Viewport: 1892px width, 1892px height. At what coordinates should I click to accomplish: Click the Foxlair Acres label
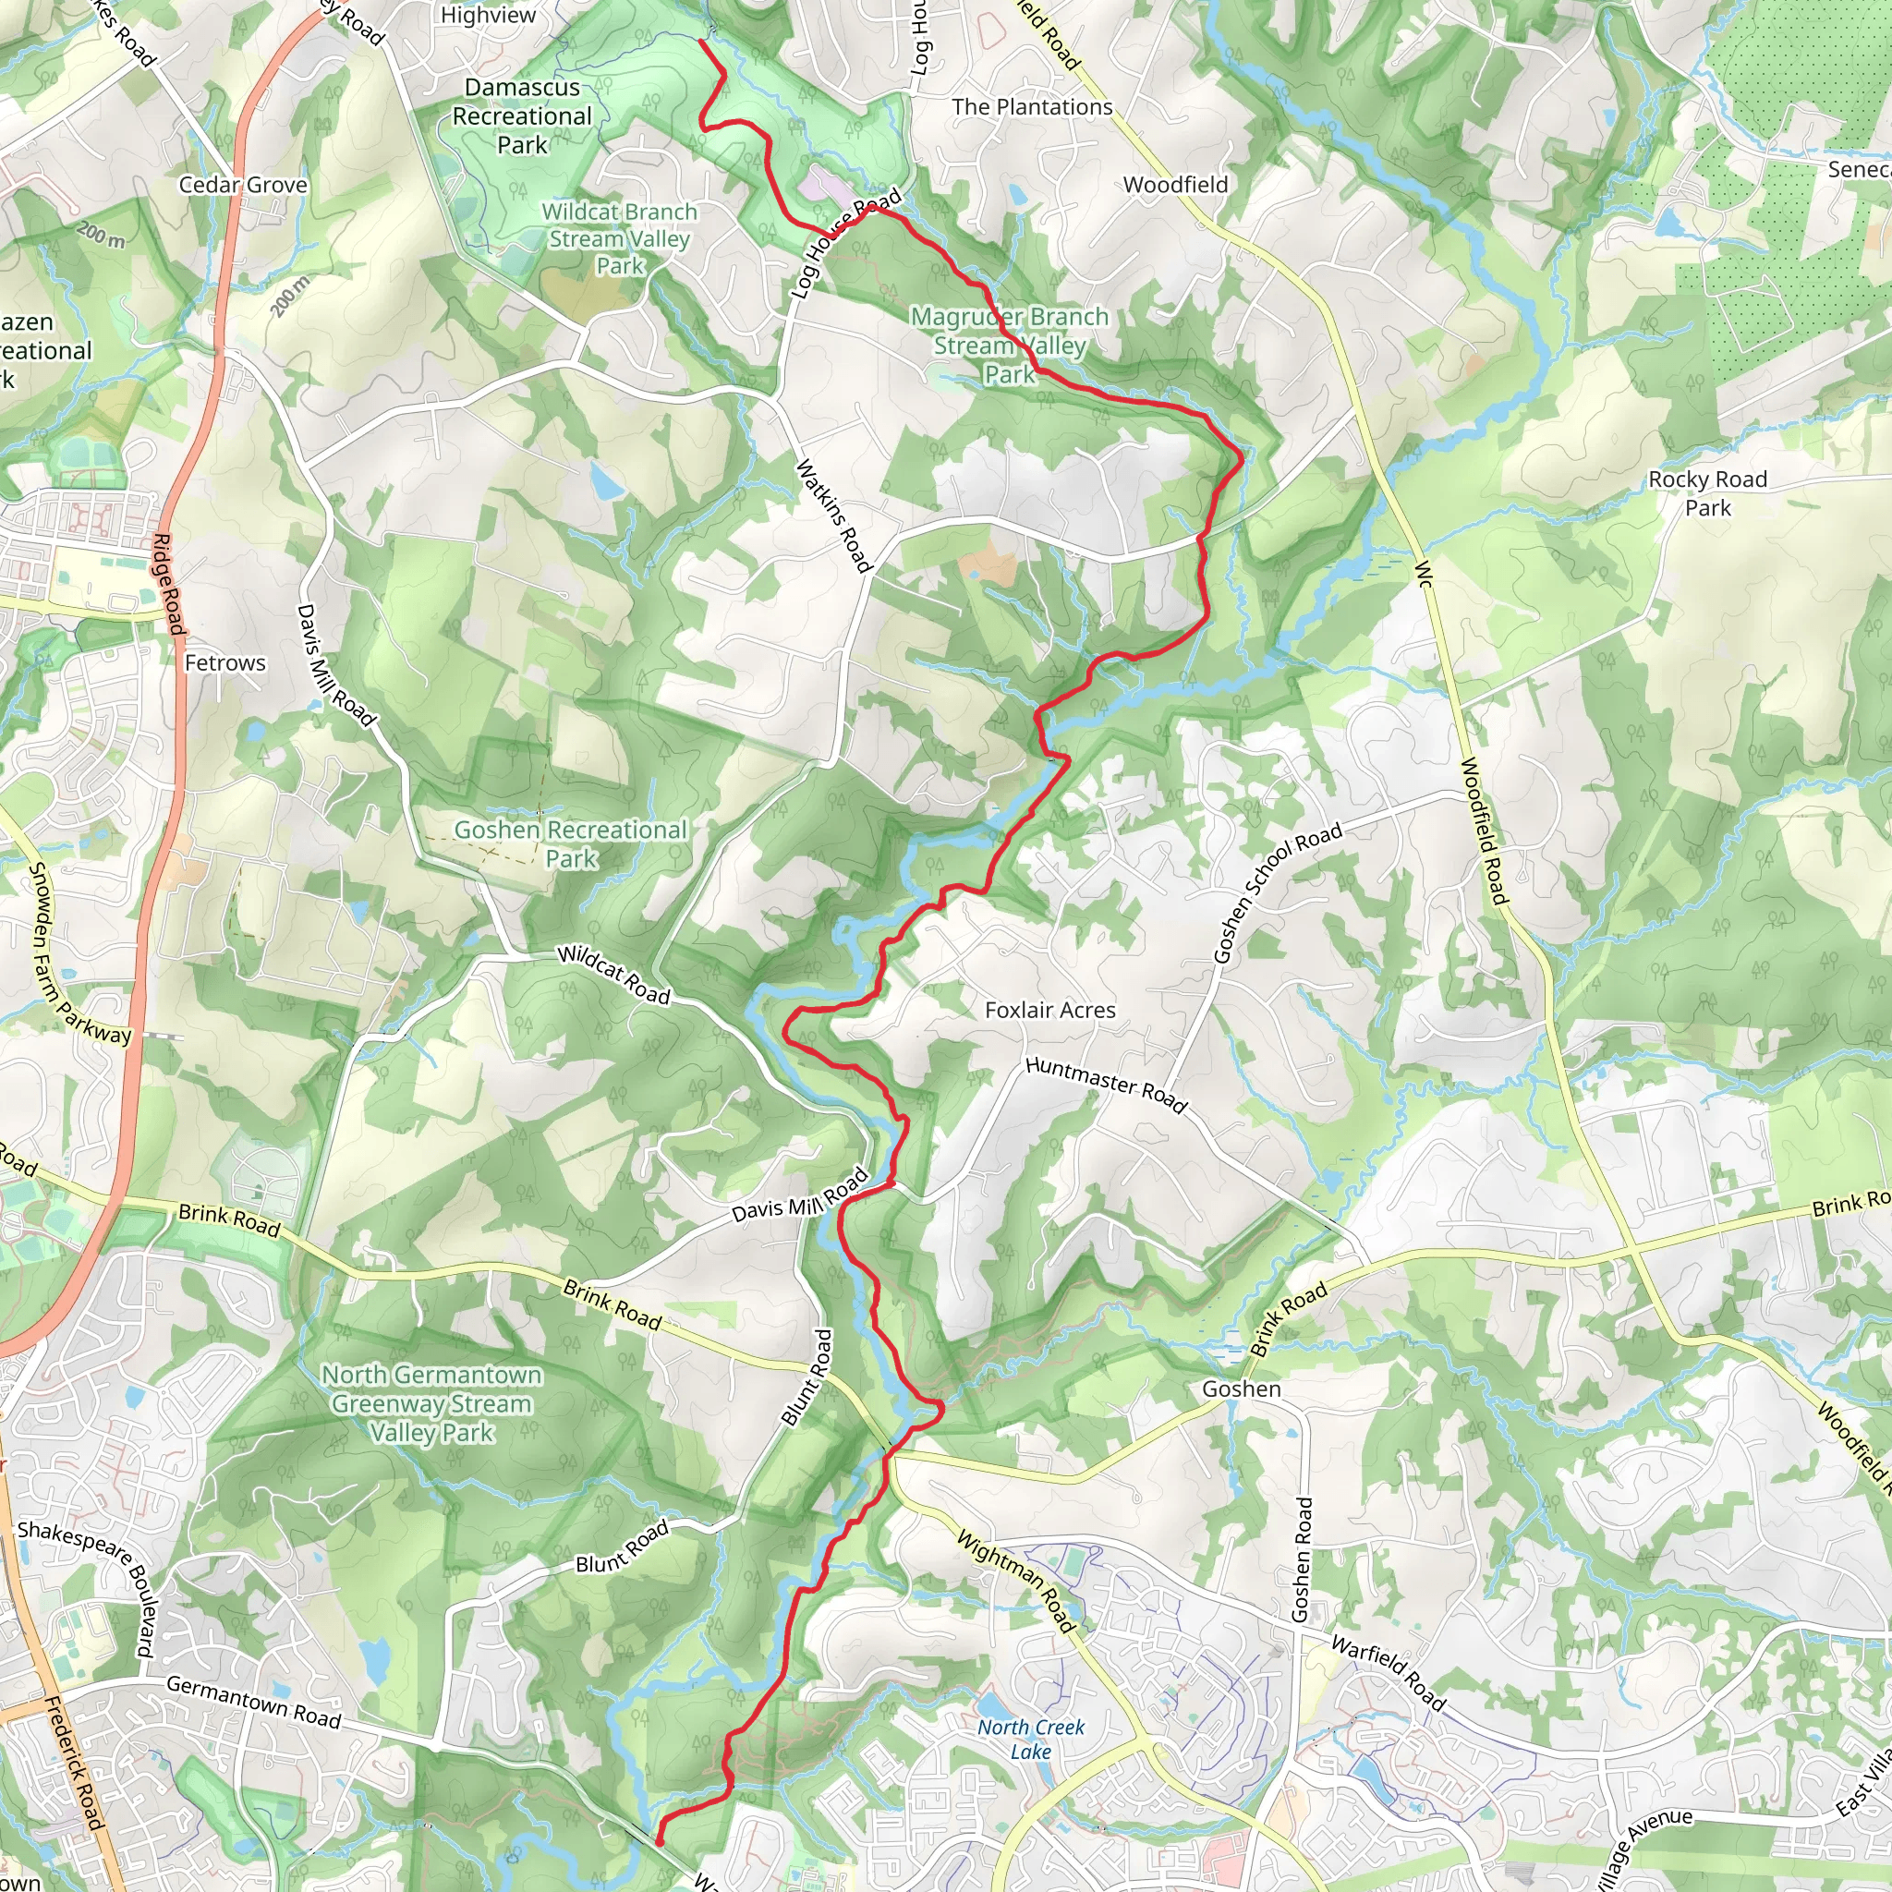[1049, 1010]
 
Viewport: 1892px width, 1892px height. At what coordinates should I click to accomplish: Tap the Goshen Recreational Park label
[571, 844]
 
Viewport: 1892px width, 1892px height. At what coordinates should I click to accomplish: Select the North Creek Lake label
[1030, 1740]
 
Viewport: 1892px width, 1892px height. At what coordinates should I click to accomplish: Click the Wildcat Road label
[614, 976]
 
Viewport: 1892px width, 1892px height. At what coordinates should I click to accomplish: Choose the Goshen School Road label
[1277, 892]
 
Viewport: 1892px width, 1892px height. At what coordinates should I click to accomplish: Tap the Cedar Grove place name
[243, 185]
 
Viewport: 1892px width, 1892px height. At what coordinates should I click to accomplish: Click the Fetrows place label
[225, 663]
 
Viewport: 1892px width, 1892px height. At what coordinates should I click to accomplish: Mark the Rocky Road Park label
[1708, 493]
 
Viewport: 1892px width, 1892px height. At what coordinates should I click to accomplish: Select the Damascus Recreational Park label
[522, 115]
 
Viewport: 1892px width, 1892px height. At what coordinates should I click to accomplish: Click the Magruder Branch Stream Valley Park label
[1009, 345]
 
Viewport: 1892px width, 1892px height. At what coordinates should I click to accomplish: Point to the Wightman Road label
[1016, 1582]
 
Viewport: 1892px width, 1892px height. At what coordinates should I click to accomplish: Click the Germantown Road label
[254, 1702]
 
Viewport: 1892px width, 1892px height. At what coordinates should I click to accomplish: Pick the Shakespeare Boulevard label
[88, 1586]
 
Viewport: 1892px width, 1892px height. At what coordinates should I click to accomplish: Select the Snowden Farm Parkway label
[78, 953]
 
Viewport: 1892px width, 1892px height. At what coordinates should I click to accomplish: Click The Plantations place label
[1032, 107]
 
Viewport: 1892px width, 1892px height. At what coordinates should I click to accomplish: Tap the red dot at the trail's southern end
[659, 1842]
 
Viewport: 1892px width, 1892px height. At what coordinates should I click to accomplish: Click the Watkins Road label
[832, 516]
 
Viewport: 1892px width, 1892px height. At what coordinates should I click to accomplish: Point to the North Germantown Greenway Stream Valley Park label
[431, 1403]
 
